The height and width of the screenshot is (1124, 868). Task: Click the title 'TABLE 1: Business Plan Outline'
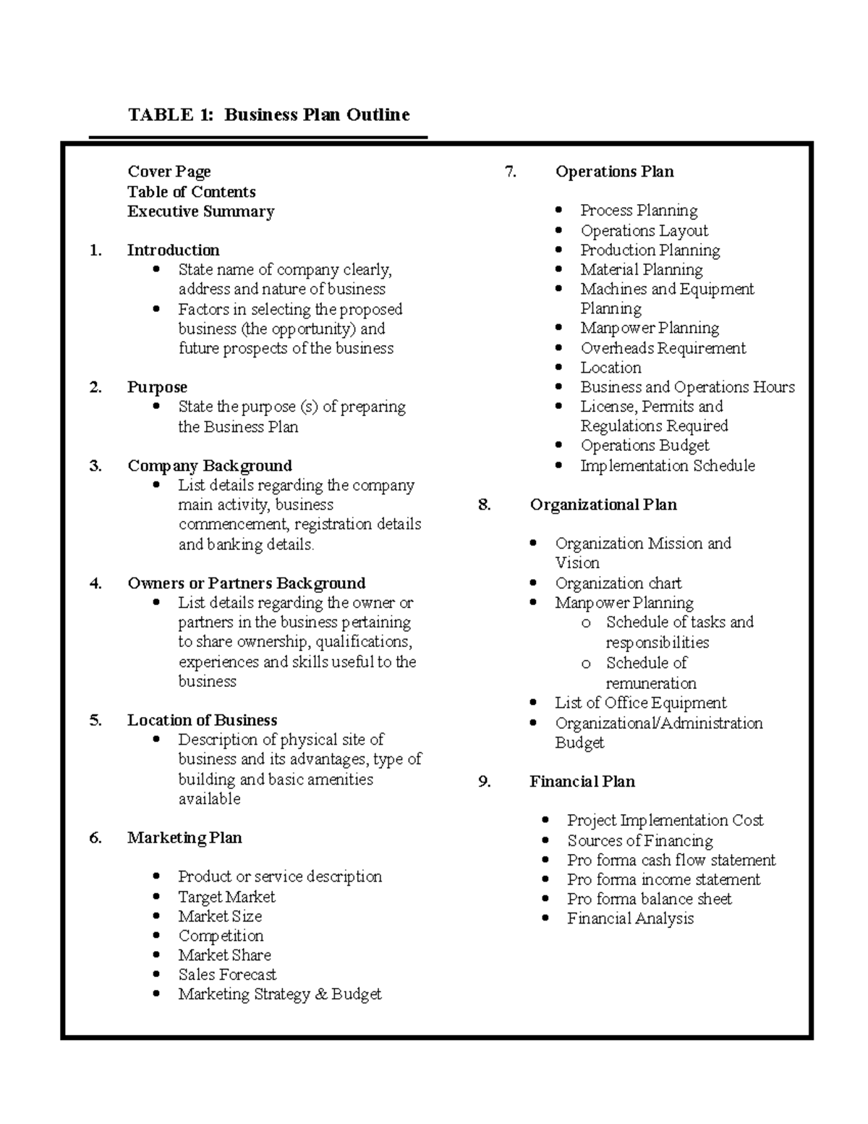(268, 114)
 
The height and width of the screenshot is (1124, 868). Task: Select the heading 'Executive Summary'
(200, 211)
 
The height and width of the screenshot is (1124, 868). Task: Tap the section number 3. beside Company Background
(95, 465)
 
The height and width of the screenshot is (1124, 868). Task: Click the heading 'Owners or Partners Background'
(246, 583)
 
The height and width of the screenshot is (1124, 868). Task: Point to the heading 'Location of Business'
(202, 720)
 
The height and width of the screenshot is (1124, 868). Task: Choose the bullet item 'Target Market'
(226, 897)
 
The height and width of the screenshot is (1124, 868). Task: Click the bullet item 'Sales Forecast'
(227, 974)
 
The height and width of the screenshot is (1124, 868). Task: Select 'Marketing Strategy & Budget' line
(279, 994)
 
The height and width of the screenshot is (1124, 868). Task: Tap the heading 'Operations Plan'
(614, 172)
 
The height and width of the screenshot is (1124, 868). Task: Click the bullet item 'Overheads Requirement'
(663, 348)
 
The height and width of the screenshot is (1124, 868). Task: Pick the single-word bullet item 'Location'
(610, 368)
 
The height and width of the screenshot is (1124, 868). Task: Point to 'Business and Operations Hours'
(686, 387)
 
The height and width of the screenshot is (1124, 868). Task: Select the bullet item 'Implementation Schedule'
(667, 465)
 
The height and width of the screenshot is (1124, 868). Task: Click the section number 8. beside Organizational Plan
(484, 504)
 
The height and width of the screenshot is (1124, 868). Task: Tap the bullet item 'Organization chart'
(618, 583)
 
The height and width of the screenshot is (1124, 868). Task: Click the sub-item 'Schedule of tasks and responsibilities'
(678, 631)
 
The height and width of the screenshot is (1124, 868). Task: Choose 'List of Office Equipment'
(640, 703)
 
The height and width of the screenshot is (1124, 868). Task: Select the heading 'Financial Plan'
(582, 782)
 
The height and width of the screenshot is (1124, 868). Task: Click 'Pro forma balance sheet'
(649, 899)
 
